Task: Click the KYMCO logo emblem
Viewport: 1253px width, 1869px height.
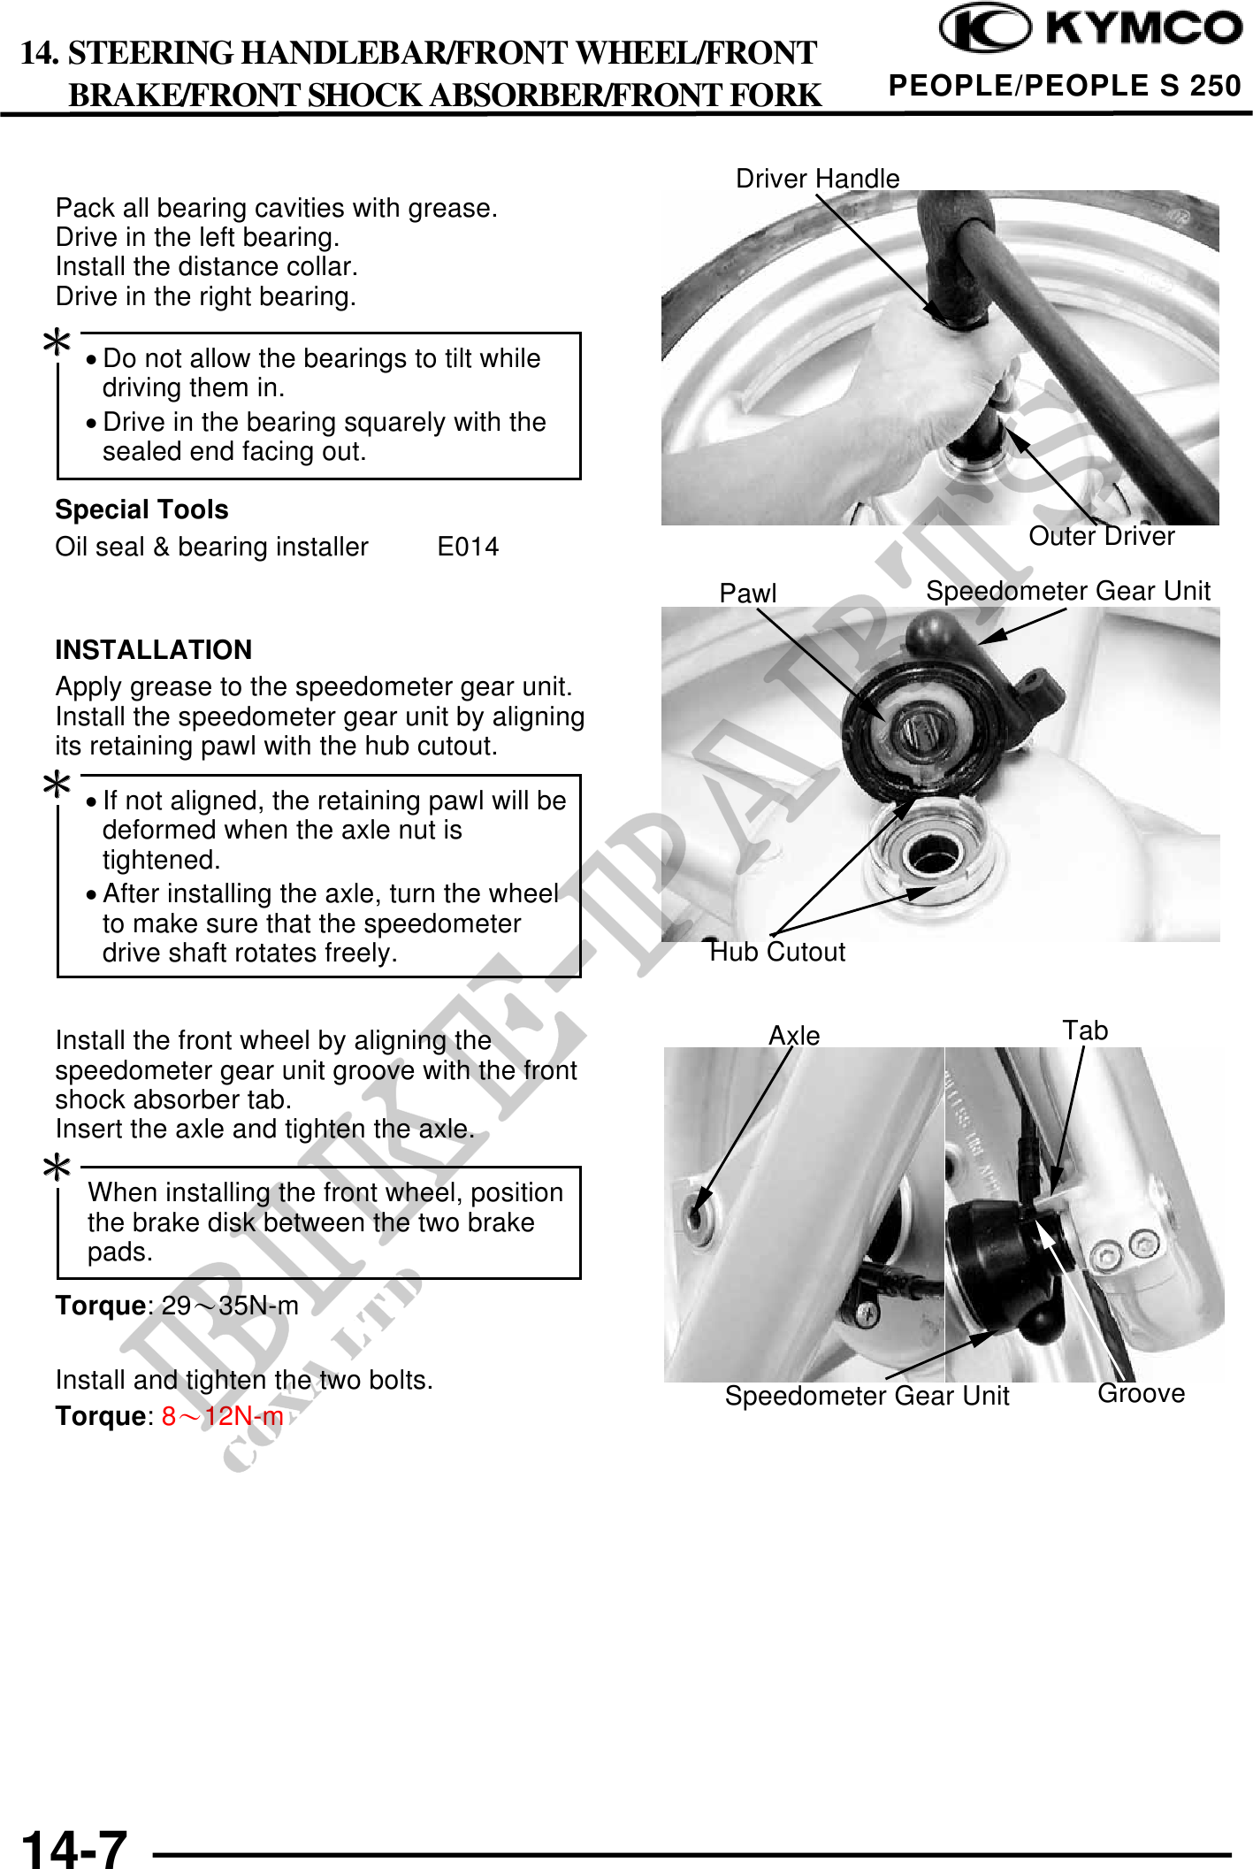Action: pyautogui.click(x=984, y=28)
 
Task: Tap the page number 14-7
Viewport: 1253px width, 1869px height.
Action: pyautogui.click(x=74, y=1847)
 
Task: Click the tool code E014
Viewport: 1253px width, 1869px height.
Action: pyautogui.click(x=468, y=547)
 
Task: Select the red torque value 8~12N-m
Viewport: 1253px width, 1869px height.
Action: pyautogui.click(x=222, y=1416)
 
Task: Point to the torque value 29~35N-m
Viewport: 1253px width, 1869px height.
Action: pyautogui.click(x=230, y=1306)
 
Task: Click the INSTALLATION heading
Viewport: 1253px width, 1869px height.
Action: pyautogui.click(x=153, y=650)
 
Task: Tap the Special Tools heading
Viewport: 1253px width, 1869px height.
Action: pyautogui.click(x=141, y=509)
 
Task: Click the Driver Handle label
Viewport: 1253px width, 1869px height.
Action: pyautogui.click(x=817, y=179)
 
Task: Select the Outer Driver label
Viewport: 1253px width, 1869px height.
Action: pyautogui.click(x=1101, y=536)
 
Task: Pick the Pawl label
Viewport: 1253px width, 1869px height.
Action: pyautogui.click(x=747, y=593)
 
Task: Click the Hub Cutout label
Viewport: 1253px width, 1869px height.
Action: pyautogui.click(x=778, y=952)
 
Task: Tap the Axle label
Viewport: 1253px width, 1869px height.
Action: pyautogui.click(x=794, y=1035)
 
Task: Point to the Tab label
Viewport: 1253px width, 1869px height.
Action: pyautogui.click(x=1085, y=1030)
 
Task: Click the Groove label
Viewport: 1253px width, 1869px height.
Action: pyautogui.click(x=1141, y=1393)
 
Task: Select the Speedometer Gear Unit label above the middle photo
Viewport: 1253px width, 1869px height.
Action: pyautogui.click(x=1067, y=591)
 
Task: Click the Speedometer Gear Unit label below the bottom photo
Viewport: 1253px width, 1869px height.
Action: pyautogui.click(x=867, y=1396)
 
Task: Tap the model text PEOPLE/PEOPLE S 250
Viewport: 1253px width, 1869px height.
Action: pyautogui.click(x=1065, y=86)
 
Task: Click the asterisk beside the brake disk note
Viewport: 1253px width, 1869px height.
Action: pyautogui.click(x=57, y=1168)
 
